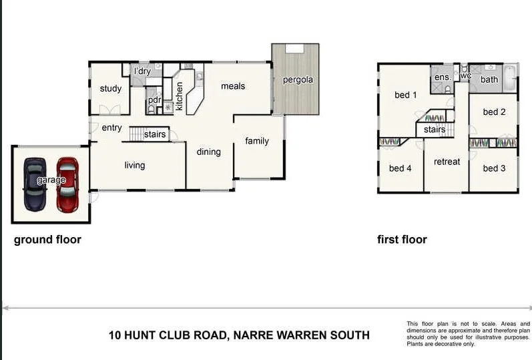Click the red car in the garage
point(67,185)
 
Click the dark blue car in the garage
point(35,184)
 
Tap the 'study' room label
point(111,89)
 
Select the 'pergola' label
point(297,80)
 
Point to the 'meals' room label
point(233,86)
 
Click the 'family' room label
point(257,141)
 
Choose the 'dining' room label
point(208,152)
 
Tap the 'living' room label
point(135,165)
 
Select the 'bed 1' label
point(406,95)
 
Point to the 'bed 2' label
point(494,112)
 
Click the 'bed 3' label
point(494,168)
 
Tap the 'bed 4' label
point(400,168)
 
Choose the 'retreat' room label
point(447,162)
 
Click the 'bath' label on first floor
point(489,79)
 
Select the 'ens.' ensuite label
point(443,77)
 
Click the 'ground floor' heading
point(47,240)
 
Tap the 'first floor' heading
point(402,240)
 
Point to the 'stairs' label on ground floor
point(155,135)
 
